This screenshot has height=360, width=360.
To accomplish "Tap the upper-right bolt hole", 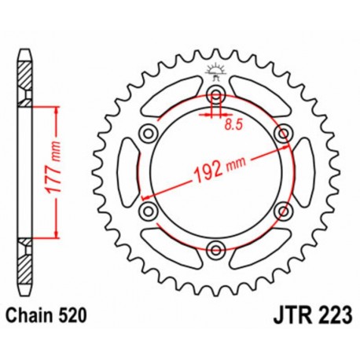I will coord(282,134).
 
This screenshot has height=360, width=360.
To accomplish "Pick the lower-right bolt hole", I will coord(282,211).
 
